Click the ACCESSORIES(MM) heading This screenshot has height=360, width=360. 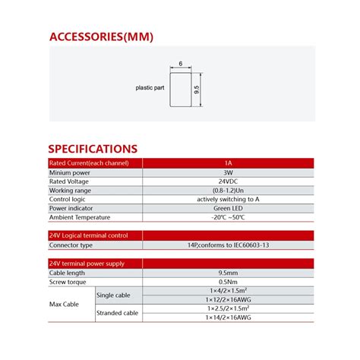coord(95,36)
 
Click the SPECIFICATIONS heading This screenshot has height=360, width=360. coord(93,149)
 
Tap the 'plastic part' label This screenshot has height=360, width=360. coord(150,87)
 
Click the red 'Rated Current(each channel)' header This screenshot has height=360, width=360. coord(94,163)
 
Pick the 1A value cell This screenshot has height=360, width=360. coord(228,163)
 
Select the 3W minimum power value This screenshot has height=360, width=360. coord(228,173)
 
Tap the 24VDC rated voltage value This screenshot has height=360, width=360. coord(228,182)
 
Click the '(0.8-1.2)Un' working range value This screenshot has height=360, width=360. coord(228,191)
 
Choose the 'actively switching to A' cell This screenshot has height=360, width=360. coord(228,199)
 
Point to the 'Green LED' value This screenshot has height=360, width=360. coord(228,208)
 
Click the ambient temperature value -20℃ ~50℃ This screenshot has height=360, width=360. coord(228,217)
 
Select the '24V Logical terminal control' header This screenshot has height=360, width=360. coord(94,235)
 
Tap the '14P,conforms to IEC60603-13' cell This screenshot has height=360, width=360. coord(228,245)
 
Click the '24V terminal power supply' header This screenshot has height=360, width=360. coord(94,264)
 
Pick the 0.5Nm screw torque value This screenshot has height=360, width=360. coord(228,282)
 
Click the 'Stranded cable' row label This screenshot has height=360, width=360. coord(117,312)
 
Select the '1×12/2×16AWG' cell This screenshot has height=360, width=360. coord(228,299)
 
